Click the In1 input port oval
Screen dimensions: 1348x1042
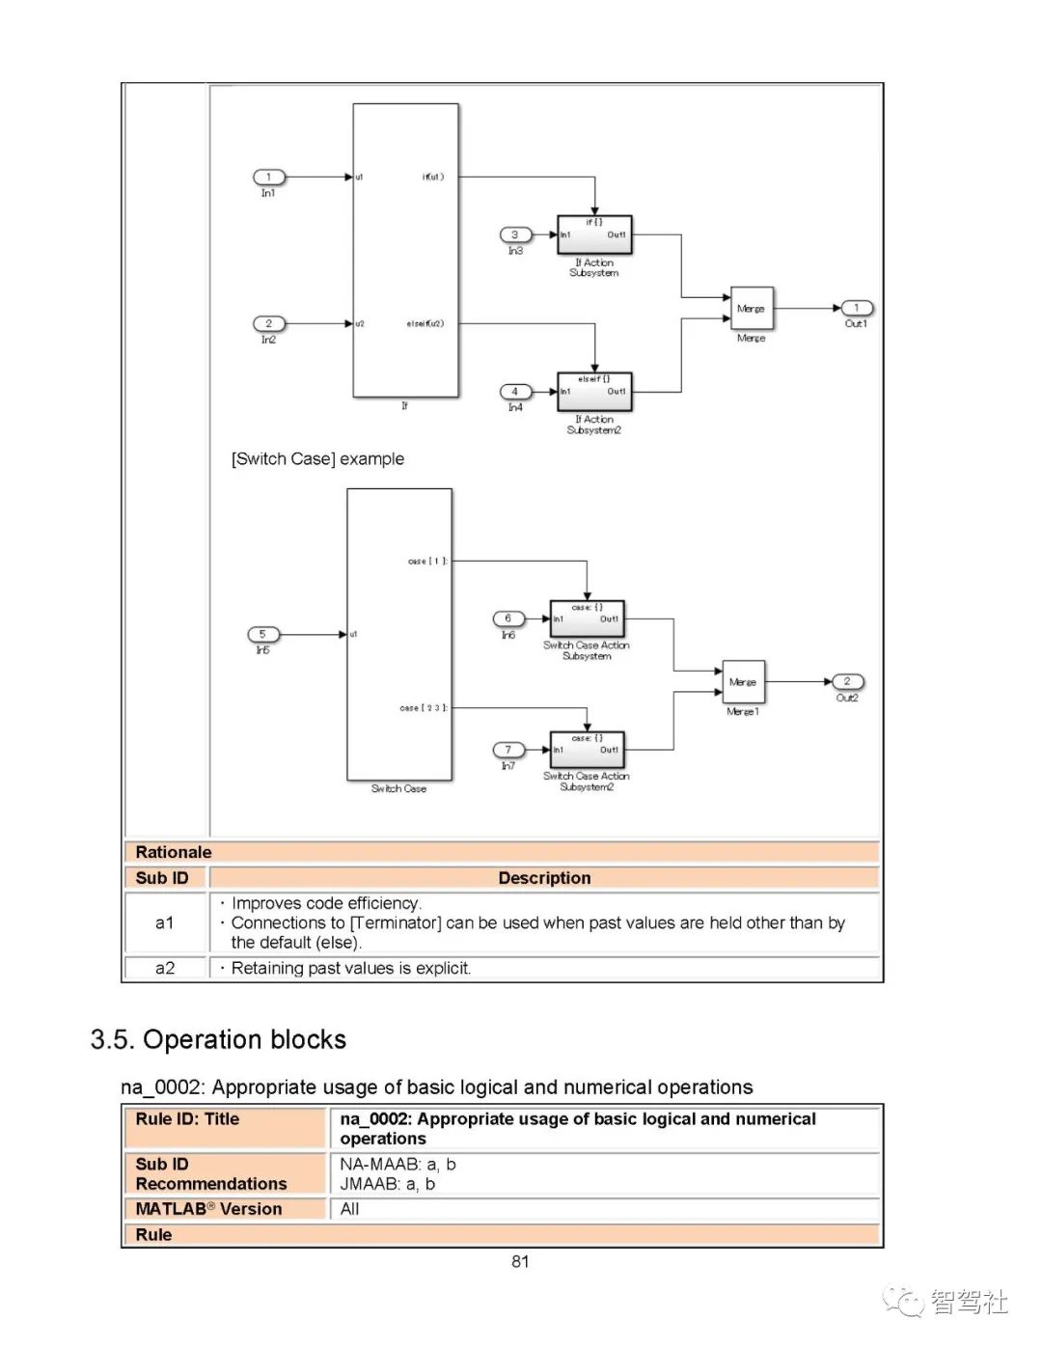[x=268, y=177]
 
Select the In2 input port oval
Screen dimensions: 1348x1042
[x=268, y=323]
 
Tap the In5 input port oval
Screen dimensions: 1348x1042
[x=262, y=634]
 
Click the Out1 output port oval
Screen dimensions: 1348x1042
[x=856, y=308]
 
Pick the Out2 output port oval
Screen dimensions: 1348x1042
[x=847, y=681]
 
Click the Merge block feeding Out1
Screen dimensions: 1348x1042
[x=752, y=309]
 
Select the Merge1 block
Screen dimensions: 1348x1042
[x=743, y=682]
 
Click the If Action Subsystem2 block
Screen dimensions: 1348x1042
[x=594, y=391]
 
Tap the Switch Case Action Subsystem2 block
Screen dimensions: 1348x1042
[x=587, y=749]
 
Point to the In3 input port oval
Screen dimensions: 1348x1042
[x=515, y=234]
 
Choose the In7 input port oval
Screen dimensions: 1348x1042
[x=508, y=750]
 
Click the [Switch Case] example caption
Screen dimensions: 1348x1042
[x=317, y=459]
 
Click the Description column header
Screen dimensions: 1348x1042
[x=544, y=878]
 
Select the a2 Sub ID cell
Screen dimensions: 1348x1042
[x=165, y=968]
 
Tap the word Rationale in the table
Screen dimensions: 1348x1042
[x=174, y=852]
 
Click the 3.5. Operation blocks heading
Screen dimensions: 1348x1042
[x=218, y=1039]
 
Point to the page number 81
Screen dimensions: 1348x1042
[x=520, y=1261]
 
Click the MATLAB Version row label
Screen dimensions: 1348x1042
[x=209, y=1209]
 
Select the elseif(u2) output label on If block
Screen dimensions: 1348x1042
[x=425, y=324]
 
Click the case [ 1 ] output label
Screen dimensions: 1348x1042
[x=427, y=561]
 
